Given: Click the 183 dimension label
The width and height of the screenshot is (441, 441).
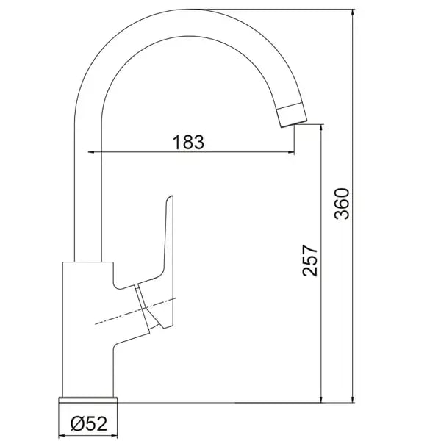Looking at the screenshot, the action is [188, 142].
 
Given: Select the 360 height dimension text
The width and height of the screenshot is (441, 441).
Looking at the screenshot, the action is [342, 204].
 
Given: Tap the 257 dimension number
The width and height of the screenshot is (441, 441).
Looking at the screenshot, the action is [309, 260].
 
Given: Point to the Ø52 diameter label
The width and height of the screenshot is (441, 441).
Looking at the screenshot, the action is [89, 423].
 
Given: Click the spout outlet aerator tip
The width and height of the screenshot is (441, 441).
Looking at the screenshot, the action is [292, 115].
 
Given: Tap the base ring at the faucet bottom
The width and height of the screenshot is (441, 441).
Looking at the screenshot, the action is [87, 400].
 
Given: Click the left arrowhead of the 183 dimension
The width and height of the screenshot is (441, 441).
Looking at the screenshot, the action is [91, 152].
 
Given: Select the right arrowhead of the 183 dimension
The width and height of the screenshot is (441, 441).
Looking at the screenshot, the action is [291, 152].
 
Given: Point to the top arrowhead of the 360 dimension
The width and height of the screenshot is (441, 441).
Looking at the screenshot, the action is [353, 12].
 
